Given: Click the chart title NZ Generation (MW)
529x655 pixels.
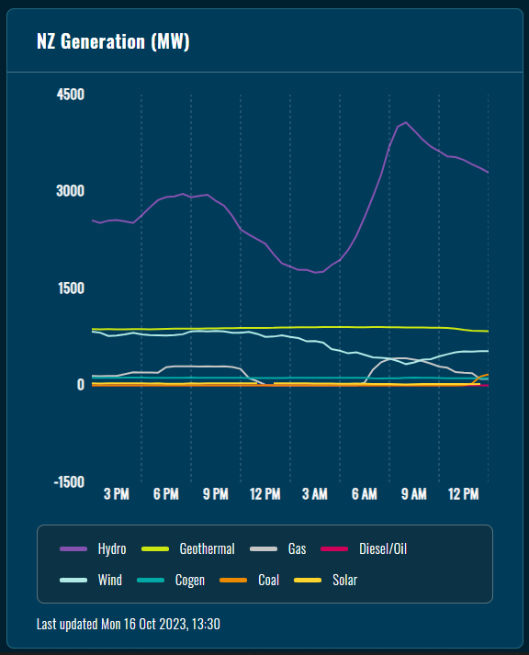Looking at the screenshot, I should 113,41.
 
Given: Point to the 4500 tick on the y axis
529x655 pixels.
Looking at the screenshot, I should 70,95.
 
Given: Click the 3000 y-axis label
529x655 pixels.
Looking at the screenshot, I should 70,191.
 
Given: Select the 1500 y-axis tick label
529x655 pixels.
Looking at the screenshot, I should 70,288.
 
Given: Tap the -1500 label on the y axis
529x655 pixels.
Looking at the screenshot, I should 68,481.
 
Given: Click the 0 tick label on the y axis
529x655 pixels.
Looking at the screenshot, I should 81,385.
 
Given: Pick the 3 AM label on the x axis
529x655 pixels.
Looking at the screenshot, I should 315,494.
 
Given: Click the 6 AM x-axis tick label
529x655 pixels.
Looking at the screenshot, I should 365,494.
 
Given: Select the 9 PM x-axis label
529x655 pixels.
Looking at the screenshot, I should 216,494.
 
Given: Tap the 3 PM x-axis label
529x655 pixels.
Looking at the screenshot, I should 117,494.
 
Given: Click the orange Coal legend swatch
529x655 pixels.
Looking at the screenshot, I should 232,580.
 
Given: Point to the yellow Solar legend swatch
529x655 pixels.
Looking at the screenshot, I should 307,580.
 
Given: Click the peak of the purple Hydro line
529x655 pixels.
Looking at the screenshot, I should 406,122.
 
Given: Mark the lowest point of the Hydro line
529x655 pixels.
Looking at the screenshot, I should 318,272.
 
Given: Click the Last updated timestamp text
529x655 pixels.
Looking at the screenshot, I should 128,624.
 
